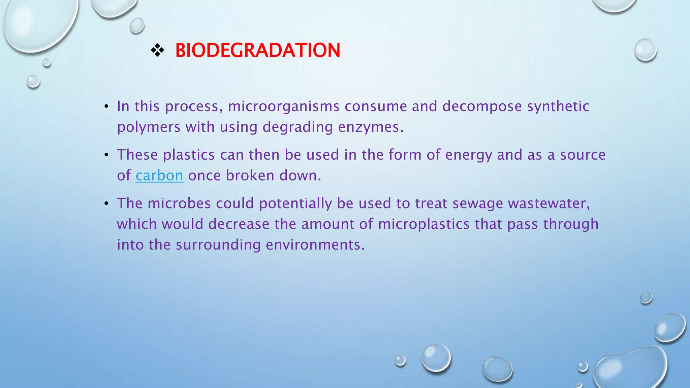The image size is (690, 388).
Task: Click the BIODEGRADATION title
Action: pyautogui.click(x=258, y=51)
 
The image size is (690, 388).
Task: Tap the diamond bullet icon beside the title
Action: pyautogui.click(x=157, y=51)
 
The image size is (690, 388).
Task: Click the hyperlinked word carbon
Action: pyautogui.click(x=159, y=175)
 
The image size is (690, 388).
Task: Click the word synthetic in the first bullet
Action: pyautogui.click(x=558, y=106)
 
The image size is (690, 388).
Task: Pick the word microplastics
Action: pyautogui.click(x=424, y=224)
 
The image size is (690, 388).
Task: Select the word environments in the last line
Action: pyautogui.click(x=315, y=245)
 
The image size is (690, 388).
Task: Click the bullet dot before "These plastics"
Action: pyautogui.click(x=106, y=155)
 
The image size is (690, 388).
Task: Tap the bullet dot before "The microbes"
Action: pyautogui.click(x=106, y=204)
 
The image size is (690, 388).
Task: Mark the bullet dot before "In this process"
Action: pyautogui.click(x=106, y=107)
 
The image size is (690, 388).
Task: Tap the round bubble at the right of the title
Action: pyautogui.click(x=645, y=50)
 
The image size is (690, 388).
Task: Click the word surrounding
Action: pyautogui.click(x=218, y=245)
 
